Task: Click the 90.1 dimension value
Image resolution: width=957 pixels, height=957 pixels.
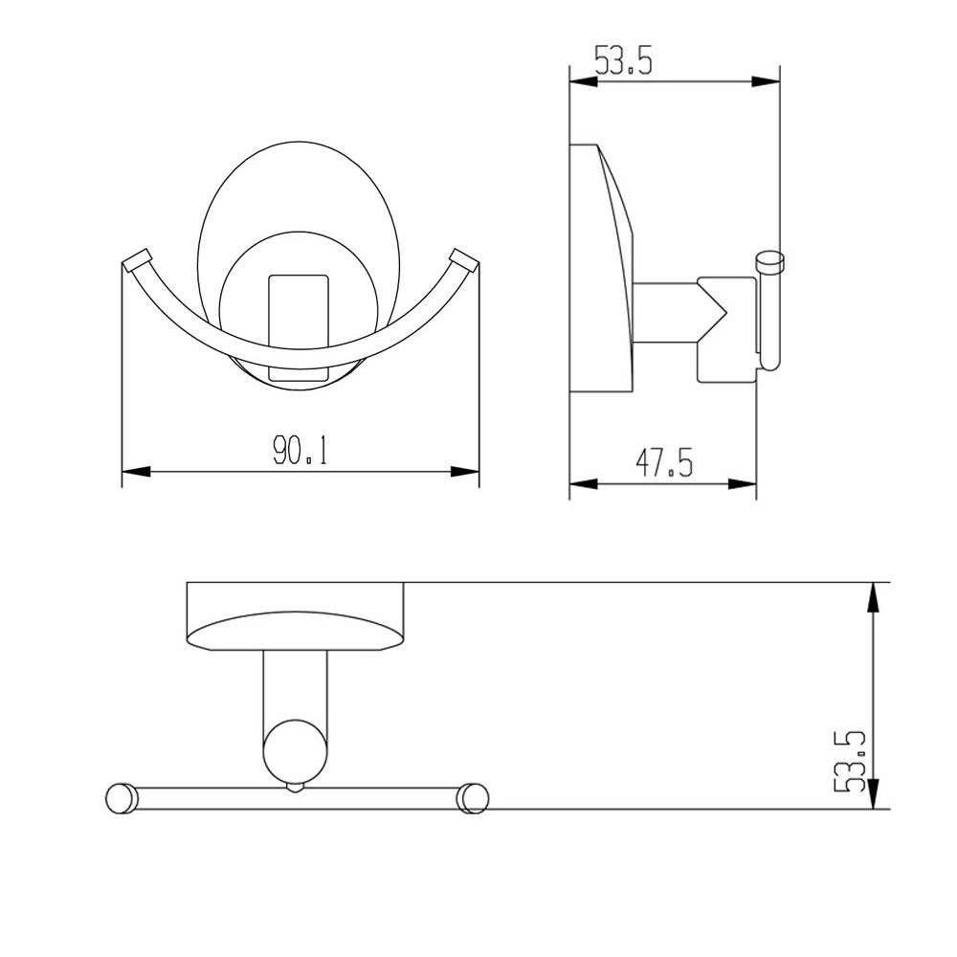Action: point(300,452)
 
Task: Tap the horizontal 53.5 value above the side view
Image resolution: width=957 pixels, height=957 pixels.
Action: point(623,62)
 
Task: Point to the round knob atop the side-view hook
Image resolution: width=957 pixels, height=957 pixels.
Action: point(769,258)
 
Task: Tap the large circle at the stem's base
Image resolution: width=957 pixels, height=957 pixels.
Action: point(296,750)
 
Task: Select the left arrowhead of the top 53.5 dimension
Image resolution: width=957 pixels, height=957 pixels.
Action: point(584,83)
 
